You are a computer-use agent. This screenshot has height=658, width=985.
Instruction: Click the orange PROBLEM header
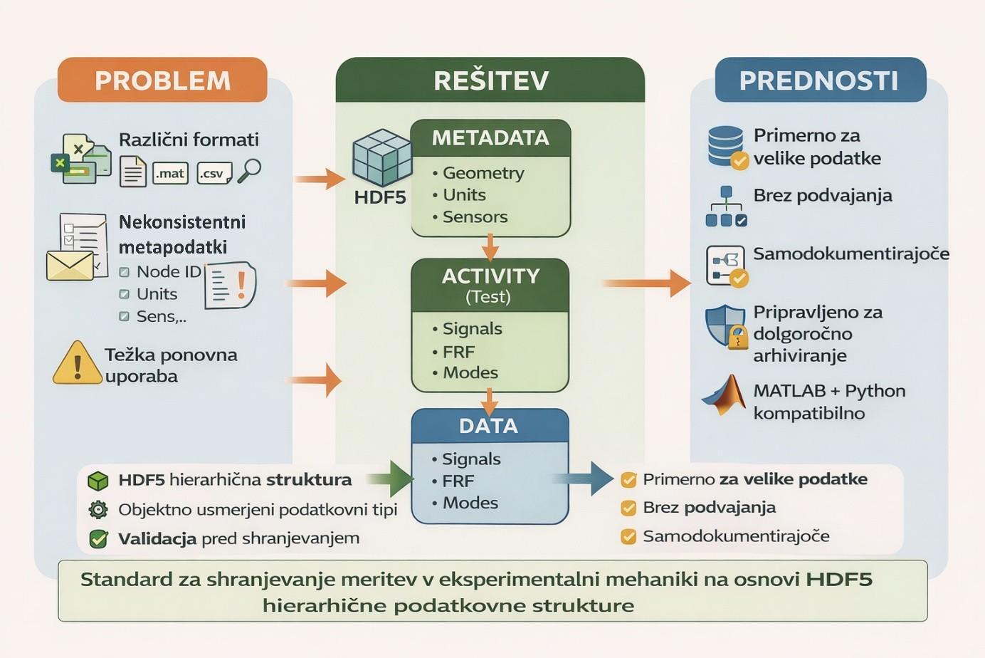coord(162,80)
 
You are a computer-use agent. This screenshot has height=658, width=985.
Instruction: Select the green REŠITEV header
coord(490,80)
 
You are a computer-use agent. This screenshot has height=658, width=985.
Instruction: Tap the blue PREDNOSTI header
coord(819,80)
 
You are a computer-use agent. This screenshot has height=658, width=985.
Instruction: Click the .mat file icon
coord(170,173)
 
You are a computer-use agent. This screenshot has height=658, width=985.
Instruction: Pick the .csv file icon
coord(214,173)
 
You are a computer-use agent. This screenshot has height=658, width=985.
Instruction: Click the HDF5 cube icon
coord(382,157)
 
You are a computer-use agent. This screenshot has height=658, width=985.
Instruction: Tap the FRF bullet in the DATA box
coord(458,481)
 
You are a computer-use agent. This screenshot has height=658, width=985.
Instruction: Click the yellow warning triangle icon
coord(77,363)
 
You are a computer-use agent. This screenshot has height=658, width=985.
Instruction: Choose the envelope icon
coord(70,265)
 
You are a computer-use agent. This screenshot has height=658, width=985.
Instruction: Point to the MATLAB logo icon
coord(723,395)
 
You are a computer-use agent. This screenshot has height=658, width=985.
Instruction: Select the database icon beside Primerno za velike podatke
coord(726,147)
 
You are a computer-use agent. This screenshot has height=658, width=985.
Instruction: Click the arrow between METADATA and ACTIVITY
coord(490,247)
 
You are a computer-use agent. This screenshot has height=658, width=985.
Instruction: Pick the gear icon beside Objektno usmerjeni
coord(98,509)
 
